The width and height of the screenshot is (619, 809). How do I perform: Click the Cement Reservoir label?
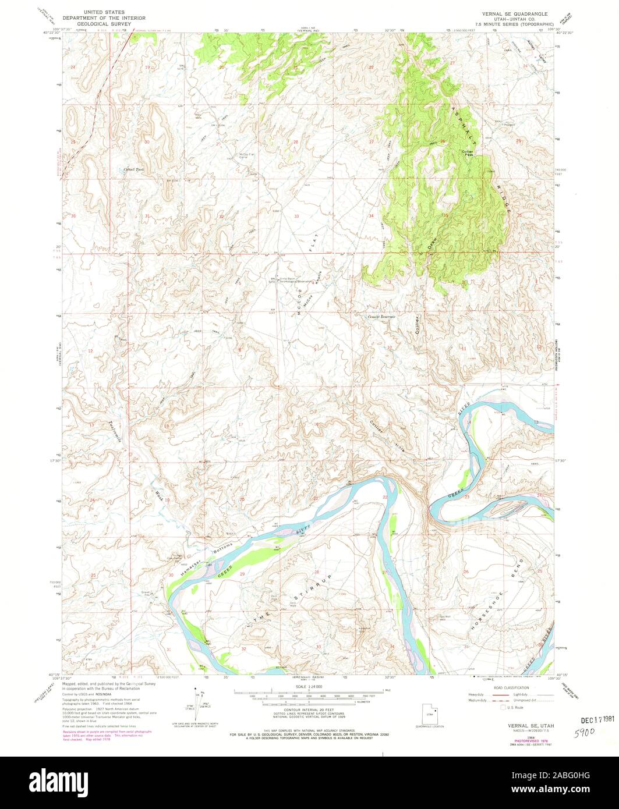(x=381, y=317)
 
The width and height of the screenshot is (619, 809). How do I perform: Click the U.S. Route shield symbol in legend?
(x=488, y=708)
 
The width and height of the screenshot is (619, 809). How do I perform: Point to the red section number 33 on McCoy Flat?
(x=296, y=216)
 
